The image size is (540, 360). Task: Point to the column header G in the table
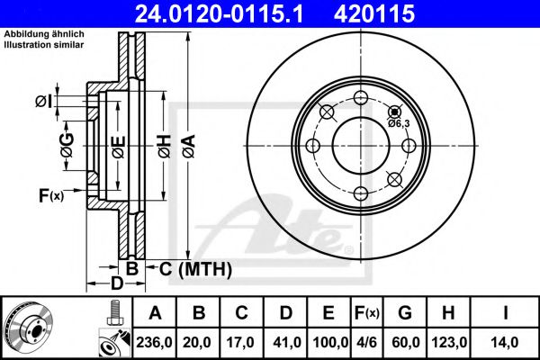click(406, 314)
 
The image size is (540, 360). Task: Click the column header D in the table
click(285, 314)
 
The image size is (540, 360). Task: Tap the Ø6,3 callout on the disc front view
click(399, 122)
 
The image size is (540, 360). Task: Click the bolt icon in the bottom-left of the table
click(113, 314)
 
